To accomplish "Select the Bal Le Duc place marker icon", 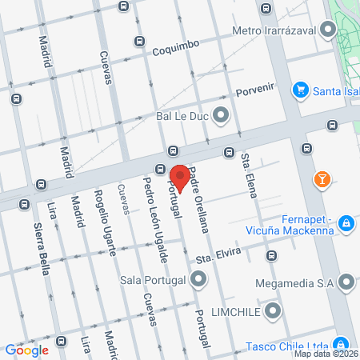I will pyautogui.click(x=222, y=115).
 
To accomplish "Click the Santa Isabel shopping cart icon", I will pyautogui.click(x=299, y=90).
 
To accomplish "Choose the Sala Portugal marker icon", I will pyautogui.click(x=198, y=280).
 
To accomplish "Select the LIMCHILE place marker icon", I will pyautogui.click(x=274, y=310).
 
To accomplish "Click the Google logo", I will pyautogui.click(x=26, y=350).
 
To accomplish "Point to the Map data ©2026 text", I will pyautogui.click(x=326, y=353).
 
